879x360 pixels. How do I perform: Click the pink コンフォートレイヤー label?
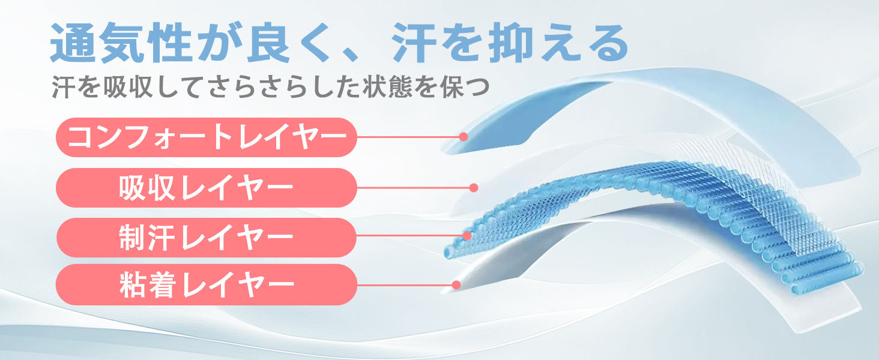(x=206, y=137)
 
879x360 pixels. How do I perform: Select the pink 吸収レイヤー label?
(x=206, y=188)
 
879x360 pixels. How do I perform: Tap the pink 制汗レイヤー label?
(x=206, y=238)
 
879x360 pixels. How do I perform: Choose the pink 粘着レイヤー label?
(x=206, y=284)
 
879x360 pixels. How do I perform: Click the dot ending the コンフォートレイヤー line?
(x=463, y=137)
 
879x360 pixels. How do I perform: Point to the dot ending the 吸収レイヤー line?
(x=473, y=188)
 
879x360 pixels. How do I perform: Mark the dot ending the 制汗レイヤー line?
(x=467, y=235)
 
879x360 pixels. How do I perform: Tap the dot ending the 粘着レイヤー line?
(x=456, y=284)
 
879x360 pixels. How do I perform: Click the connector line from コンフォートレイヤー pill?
(x=408, y=137)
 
